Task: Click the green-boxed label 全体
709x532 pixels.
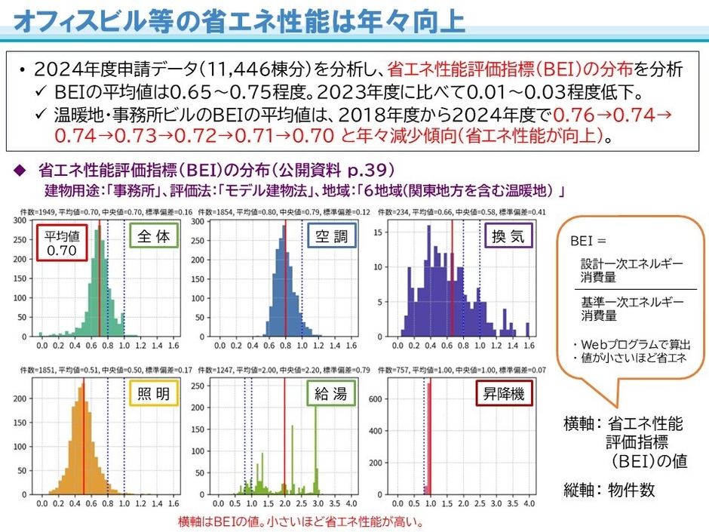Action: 155,237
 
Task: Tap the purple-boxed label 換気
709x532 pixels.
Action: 508,237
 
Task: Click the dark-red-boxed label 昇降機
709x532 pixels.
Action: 504,393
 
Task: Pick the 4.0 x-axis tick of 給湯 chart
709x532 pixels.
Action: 351,503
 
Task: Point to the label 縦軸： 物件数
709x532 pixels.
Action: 609,489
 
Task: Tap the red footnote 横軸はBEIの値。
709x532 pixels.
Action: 214,521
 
